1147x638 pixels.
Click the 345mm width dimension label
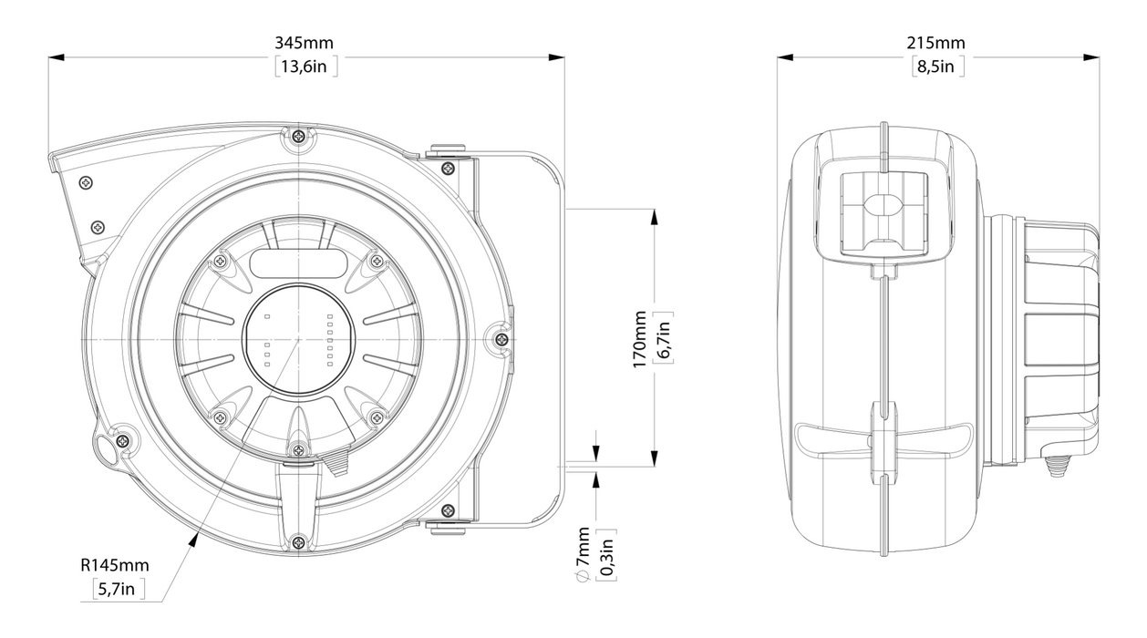(305, 43)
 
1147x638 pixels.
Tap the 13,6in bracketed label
(305, 67)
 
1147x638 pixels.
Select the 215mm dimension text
(936, 43)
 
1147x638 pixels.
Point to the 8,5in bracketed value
(936, 67)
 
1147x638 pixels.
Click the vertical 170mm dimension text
(639, 339)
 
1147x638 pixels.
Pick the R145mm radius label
(115, 565)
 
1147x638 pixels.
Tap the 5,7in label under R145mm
(117, 589)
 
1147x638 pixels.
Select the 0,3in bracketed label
(606, 556)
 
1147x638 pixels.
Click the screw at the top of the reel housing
(300, 136)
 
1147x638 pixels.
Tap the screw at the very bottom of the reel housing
(298, 541)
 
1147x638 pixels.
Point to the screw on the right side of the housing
(502, 338)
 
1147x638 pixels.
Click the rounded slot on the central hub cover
(298, 263)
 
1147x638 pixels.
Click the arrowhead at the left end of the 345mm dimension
(57, 57)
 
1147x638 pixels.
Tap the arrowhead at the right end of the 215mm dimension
(1091, 57)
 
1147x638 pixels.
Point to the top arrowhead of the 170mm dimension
(655, 217)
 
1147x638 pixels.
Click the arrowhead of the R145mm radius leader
(194, 540)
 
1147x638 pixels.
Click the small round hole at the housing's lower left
(108, 450)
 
